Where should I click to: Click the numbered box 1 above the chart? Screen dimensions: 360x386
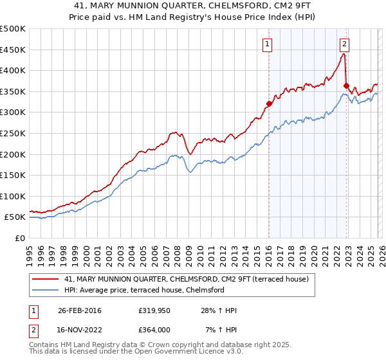(267, 44)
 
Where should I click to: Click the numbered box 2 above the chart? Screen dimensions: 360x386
(344, 44)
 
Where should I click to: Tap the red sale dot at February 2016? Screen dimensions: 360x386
(269, 104)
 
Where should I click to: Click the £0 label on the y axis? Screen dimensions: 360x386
(21, 238)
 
